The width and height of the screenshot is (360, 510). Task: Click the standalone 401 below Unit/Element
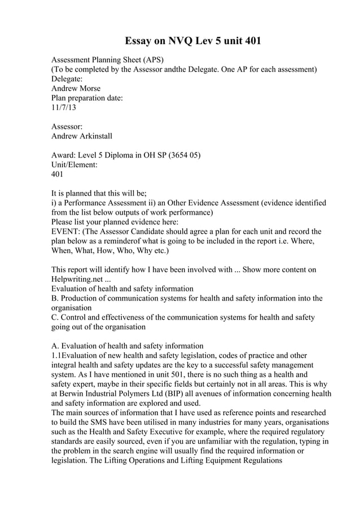[58, 175]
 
